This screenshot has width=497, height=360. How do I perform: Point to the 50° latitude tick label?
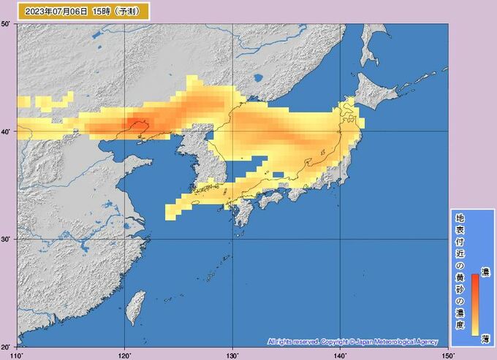pos(7,26)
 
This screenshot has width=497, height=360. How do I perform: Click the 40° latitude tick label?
pos(7,132)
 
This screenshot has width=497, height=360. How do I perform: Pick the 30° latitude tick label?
pos(7,240)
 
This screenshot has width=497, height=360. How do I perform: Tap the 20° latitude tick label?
pos(7,346)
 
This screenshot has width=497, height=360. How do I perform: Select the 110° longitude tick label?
pos(18,355)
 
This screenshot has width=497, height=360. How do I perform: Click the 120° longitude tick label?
pos(124,355)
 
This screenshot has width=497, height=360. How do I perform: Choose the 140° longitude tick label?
pos(340,355)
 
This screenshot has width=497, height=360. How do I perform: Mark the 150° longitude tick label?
pos(447,355)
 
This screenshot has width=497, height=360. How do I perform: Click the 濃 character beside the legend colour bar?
pos(485,272)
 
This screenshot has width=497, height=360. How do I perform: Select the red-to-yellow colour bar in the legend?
pos(474,303)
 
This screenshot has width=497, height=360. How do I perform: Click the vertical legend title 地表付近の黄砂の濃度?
pos(460,274)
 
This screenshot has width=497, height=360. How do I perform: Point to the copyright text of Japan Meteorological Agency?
pos(352,342)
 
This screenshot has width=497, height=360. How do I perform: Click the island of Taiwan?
pos(134,307)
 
